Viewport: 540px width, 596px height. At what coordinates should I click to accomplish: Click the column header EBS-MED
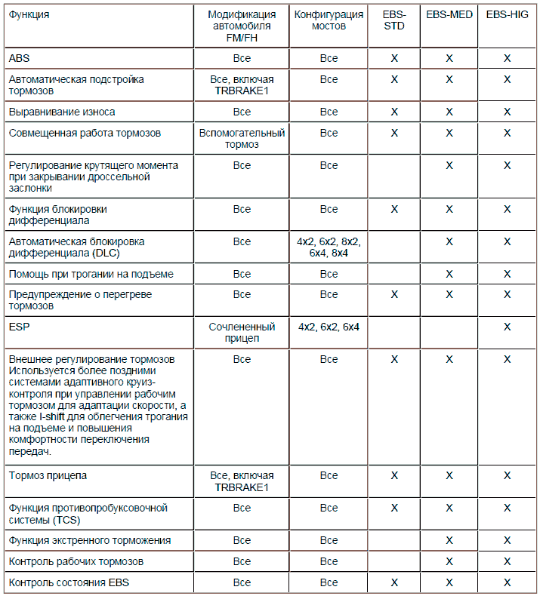point(449,14)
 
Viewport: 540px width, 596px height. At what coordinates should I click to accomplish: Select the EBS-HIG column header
point(507,14)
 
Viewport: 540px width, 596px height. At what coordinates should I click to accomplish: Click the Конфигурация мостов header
point(329,20)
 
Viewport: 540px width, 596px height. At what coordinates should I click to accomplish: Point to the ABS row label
point(20,58)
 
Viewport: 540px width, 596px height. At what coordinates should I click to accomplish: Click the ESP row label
point(19,327)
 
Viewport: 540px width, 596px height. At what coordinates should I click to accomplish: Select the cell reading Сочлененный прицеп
point(242,333)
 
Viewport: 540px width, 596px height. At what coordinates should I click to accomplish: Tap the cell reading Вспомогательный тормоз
point(242,139)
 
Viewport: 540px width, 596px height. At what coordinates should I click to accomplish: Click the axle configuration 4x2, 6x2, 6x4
point(329,327)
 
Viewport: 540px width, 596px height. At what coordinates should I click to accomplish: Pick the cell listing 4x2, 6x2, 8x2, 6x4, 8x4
point(329,247)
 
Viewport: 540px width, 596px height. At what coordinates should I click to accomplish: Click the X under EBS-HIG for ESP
point(507,327)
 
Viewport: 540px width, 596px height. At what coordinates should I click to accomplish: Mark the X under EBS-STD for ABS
point(394,58)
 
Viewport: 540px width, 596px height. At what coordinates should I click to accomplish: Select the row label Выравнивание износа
point(62,112)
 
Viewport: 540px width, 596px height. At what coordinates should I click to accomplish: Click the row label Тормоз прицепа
point(48,476)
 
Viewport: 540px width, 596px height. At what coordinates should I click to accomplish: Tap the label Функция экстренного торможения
point(90,540)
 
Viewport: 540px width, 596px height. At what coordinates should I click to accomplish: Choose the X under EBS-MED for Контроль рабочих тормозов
point(449,561)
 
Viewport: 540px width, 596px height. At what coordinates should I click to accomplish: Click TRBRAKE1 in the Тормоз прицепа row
point(242,487)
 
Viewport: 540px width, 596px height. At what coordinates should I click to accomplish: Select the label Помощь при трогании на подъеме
point(91,273)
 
